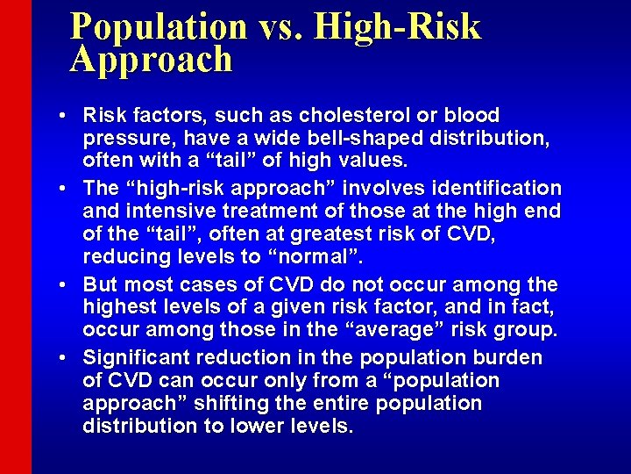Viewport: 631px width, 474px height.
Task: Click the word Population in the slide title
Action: pyautogui.click(x=159, y=26)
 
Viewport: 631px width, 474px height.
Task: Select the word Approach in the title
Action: pyautogui.click(x=152, y=60)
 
